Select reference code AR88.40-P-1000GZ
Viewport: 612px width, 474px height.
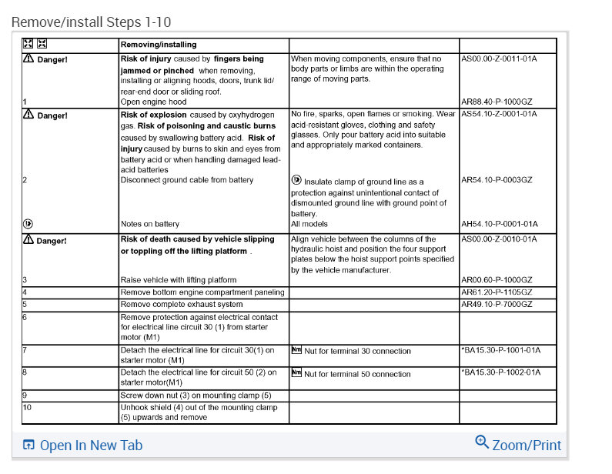click(x=498, y=101)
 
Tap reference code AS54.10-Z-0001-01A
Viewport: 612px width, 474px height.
click(x=500, y=115)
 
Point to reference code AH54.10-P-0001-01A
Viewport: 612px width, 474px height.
click(x=499, y=224)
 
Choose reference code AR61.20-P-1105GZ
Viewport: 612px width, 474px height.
click(x=497, y=292)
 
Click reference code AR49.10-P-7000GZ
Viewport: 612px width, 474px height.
click(x=497, y=305)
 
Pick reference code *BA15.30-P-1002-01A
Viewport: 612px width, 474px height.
click(x=500, y=372)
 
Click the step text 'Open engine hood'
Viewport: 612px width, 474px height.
click(x=153, y=101)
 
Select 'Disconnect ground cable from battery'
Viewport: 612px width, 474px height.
click(x=186, y=180)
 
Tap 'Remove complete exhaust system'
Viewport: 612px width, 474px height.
click(x=181, y=305)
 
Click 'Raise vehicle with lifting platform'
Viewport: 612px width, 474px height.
click(x=178, y=280)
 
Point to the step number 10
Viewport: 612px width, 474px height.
click(x=27, y=406)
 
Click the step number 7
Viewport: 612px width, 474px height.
click(x=25, y=350)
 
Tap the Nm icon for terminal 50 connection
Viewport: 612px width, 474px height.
click(x=296, y=373)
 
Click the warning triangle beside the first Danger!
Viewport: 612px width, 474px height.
click(x=28, y=58)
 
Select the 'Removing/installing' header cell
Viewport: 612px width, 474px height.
click(x=159, y=45)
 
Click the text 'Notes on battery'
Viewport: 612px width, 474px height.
click(x=149, y=224)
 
